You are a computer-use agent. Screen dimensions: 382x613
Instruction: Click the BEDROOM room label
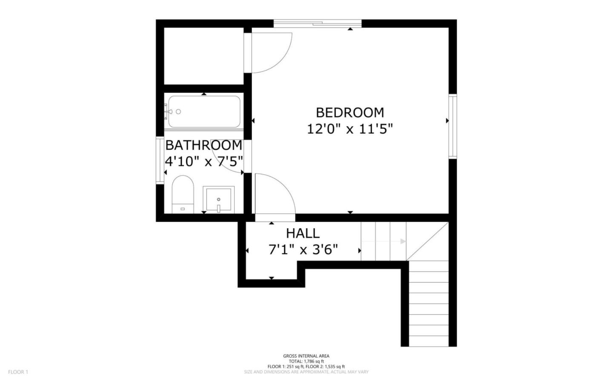point(349,113)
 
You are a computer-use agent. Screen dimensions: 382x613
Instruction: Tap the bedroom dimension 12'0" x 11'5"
point(349,128)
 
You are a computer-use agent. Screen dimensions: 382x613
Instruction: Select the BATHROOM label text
point(203,145)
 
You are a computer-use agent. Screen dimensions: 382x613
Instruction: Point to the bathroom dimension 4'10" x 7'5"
point(203,161)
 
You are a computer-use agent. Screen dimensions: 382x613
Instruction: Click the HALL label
point(303,233)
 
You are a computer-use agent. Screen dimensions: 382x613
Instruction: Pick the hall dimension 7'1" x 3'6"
point(303,249)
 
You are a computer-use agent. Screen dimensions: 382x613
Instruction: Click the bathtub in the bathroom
point(204,112)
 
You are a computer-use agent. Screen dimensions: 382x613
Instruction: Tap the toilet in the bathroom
point(183,194)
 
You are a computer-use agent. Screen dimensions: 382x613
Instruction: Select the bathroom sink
point(218,199)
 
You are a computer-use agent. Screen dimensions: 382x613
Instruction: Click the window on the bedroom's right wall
point(453,126)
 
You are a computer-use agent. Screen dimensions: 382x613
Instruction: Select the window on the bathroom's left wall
point(160,160)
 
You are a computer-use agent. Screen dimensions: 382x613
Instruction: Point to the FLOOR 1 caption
point(18,372)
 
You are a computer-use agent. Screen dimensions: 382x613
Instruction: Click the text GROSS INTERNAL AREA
point(306,356)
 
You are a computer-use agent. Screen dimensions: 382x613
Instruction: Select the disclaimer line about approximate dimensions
point(306,372)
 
